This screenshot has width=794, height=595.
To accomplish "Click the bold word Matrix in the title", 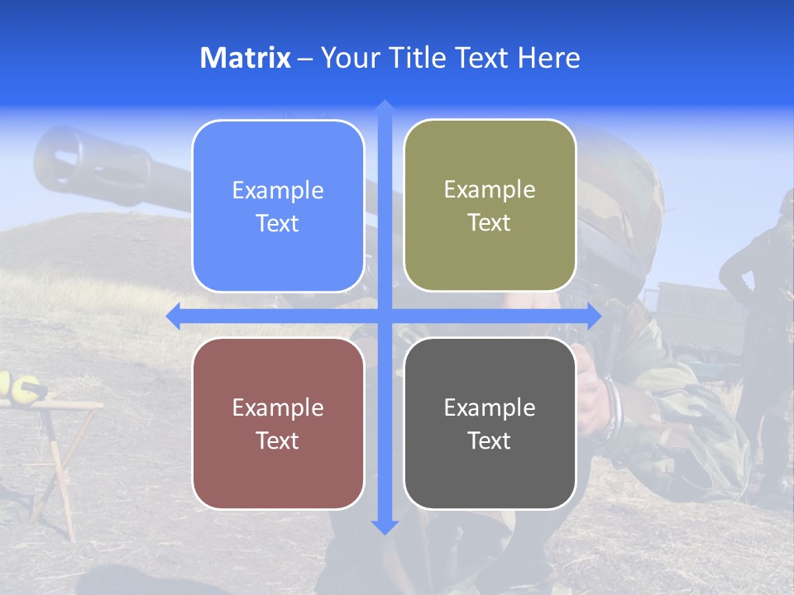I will pos(245,58).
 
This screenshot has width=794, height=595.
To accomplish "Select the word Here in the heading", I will pos(549,58).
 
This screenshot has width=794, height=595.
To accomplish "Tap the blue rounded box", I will pos(278,206).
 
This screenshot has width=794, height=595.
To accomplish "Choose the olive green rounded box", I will pos(490,205).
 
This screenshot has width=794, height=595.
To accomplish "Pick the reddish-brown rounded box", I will pos(278,423).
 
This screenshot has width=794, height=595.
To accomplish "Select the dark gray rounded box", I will pos(490,423).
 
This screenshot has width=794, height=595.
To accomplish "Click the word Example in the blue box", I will pos(278,191).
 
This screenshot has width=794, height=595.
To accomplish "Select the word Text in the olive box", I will pos(490,222).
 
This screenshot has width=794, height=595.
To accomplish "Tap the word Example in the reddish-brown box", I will pos(278,407).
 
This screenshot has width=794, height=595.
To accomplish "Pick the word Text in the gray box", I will pos(490,440).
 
